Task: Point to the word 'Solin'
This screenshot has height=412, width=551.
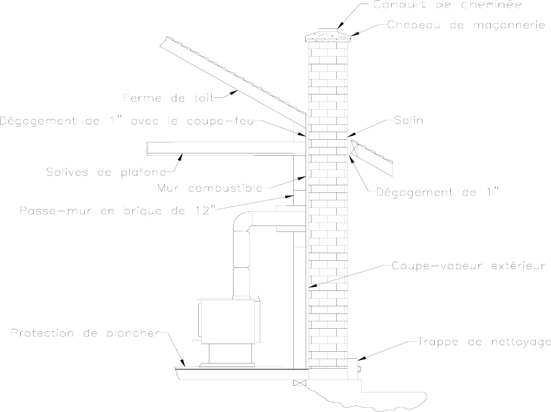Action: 406,120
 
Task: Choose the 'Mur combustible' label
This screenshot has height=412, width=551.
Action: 210,188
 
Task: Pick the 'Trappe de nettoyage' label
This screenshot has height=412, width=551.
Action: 484,341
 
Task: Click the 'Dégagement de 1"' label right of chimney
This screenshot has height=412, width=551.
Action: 440,192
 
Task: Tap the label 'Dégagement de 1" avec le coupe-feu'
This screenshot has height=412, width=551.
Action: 127,122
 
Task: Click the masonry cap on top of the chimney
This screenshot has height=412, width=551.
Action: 327,37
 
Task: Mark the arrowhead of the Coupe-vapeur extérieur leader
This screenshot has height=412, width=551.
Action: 311,287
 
